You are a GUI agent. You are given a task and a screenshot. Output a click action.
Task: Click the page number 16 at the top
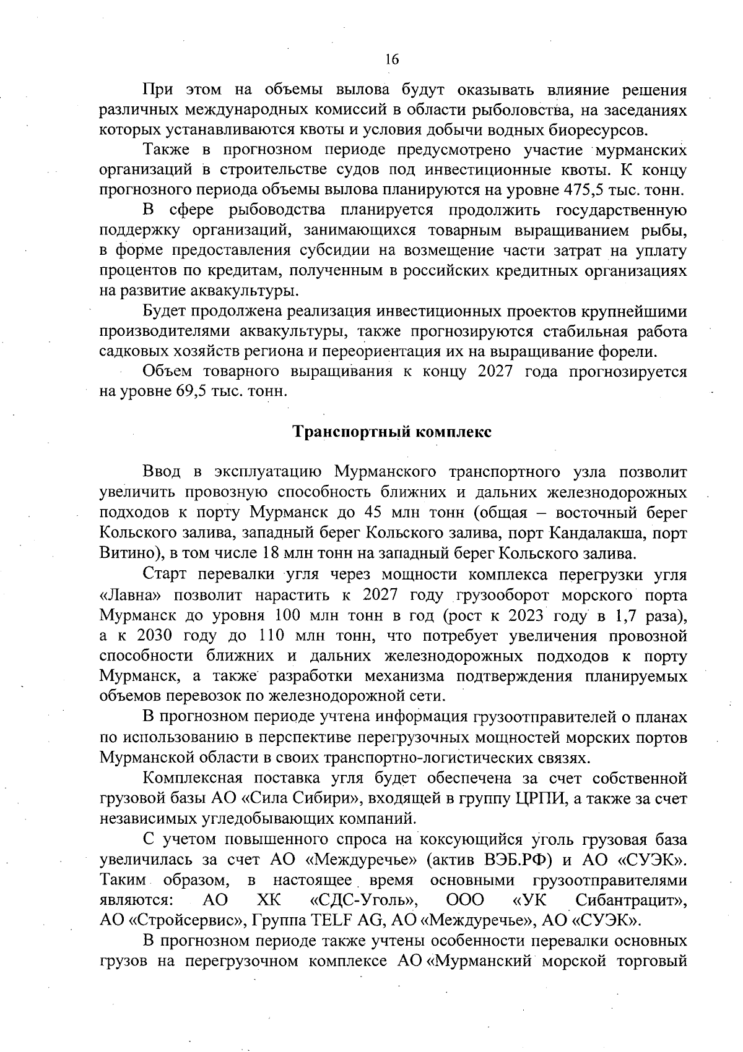click(392, 59)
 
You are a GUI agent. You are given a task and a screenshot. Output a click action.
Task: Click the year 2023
click(530, 616)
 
